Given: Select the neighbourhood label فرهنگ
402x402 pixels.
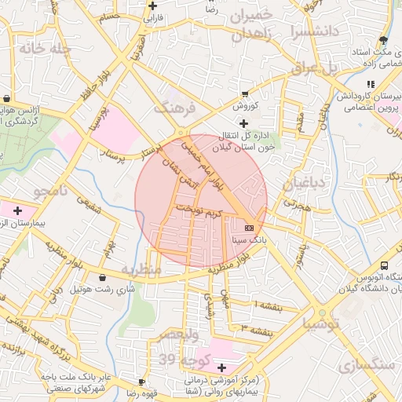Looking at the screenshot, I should point(173,108).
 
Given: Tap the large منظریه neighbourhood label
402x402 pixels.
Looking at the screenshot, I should point(140,269).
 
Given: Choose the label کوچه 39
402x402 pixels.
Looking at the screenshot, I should point(178,360).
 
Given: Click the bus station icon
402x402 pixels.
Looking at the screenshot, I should point(385,266).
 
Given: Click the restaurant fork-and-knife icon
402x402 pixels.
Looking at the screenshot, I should point(370,85).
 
